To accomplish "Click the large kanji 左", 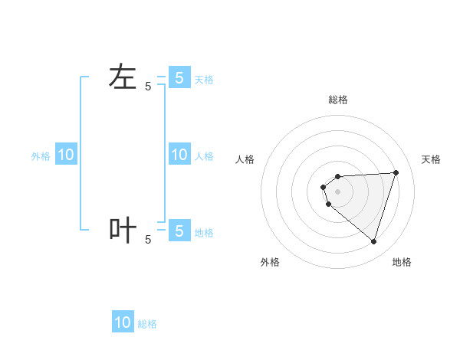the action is point(123,77).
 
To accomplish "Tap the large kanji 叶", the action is point(123,230).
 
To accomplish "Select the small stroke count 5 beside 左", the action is point(148,87).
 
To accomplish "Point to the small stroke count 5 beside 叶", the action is point(148,240).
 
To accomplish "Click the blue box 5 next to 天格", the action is point(179,77).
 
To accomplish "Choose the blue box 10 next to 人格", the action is point(179,155).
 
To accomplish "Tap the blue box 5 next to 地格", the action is point(179,230).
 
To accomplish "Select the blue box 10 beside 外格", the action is point(66,155).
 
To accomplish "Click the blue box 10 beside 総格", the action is point(123,322).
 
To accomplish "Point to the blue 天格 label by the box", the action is point(204,80).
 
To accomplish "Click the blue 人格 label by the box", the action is point(204,156).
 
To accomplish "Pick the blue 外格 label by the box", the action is point(41,156).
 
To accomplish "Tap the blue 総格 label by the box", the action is point(147,325).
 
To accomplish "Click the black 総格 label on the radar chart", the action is point(338,100).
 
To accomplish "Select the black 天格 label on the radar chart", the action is point(432,159).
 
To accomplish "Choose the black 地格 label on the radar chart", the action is point(402,262).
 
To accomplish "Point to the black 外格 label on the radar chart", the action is point(270,262).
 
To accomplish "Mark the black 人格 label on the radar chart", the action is point(245,159).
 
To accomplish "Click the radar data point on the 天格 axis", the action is point(396,172).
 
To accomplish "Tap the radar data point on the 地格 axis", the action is point(373,241).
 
